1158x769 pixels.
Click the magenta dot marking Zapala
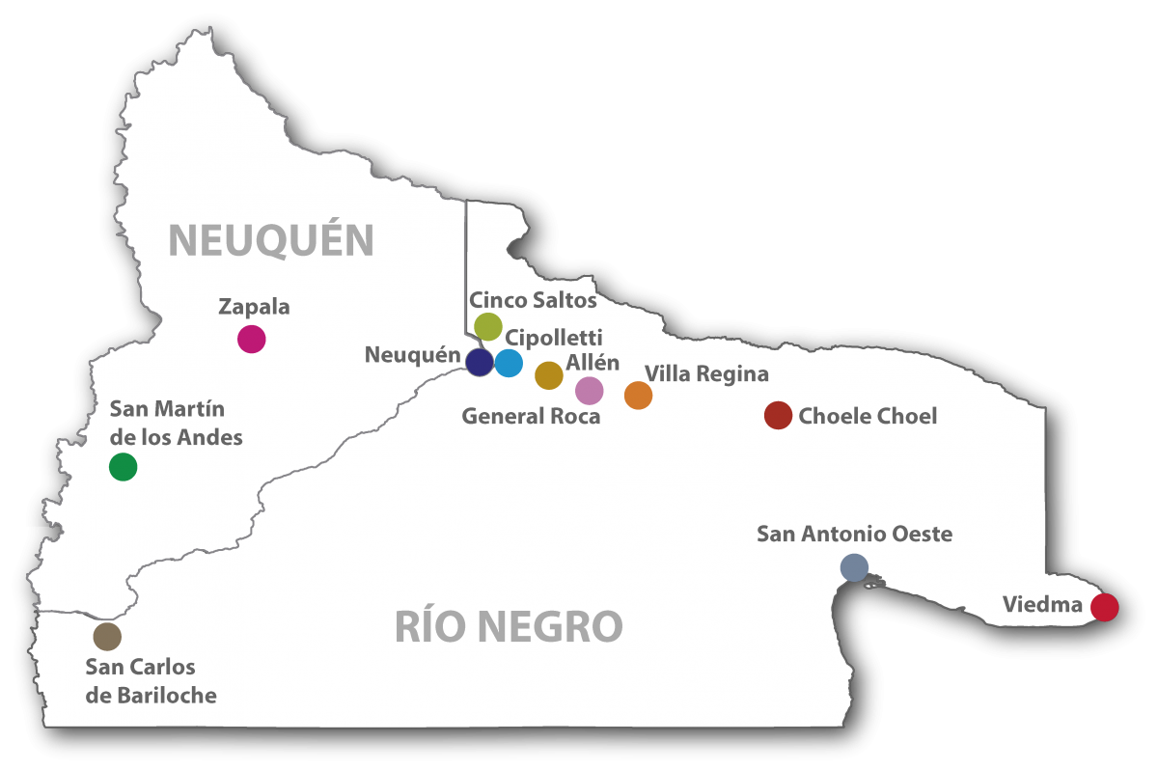(252, 339)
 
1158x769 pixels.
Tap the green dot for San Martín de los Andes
(123, 467)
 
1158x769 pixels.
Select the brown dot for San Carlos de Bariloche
(107, 636)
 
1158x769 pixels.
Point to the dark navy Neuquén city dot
(480, 362)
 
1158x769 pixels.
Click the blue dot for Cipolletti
(509, 363)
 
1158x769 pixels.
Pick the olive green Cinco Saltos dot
(488, 327)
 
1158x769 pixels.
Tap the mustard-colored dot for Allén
(548, 375)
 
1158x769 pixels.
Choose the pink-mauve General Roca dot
(589, 391)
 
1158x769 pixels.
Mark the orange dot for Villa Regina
(638, 396)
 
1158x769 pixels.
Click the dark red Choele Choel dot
(778, 416)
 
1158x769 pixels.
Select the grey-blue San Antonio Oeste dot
(854, 567)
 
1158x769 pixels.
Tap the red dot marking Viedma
(1104, 607)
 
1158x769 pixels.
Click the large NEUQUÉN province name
(271, 238)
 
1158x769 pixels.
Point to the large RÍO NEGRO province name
(509, 627)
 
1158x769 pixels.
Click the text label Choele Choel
(868, 417)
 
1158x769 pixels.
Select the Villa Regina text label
(706, 373)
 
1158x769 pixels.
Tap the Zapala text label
(254, 307)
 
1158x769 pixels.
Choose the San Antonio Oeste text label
(854, 534)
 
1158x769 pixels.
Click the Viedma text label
(1042, 605)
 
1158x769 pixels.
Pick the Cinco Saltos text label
(533, 300)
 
